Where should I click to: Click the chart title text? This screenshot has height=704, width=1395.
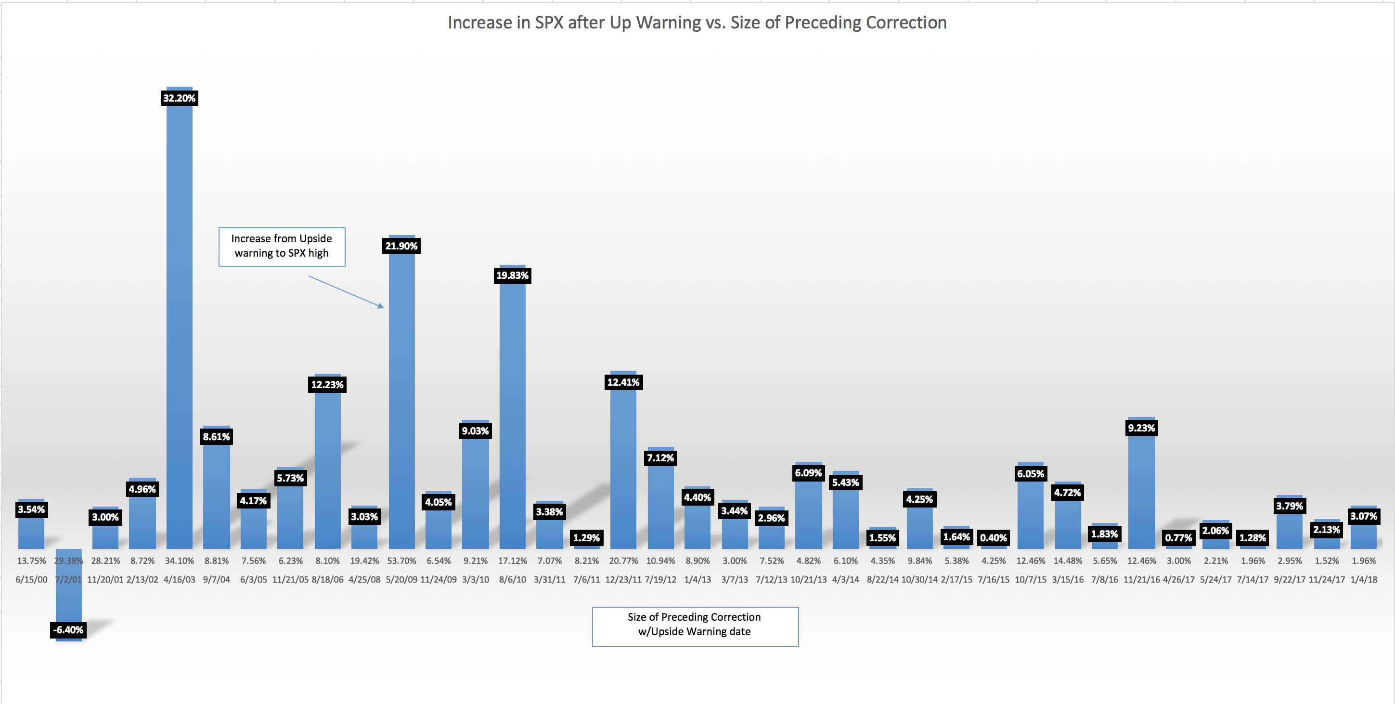tap(697, 23)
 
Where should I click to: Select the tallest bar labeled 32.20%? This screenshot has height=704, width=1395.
tap(179, 325)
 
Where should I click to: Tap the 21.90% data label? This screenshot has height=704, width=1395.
tap(401, 246)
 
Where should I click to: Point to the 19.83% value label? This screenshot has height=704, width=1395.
tap(512, 275)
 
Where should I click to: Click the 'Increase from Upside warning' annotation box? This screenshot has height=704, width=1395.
tap(282, 247)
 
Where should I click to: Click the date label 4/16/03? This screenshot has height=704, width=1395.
tap(179, 579)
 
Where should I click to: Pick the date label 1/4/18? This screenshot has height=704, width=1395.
tap(1364, 579)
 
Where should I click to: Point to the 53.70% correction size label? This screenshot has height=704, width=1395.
tap(401, 561)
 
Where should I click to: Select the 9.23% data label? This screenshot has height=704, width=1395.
tap(1142, 428)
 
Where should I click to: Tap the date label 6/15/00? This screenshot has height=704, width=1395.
tap(31, 579)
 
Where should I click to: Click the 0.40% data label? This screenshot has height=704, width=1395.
tap(994, 538)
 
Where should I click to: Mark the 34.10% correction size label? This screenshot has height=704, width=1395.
tap(179, 561)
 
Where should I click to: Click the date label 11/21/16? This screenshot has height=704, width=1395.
tap(1142, 579)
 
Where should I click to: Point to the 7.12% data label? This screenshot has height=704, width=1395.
tap(660, 457)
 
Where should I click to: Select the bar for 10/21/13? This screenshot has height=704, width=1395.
tap(809, 514)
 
